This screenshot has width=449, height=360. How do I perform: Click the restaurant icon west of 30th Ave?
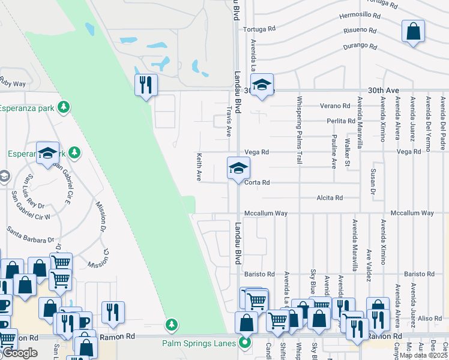click(145, 85)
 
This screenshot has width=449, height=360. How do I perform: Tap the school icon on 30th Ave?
click(262, 85)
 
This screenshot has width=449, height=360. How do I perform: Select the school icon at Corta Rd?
click(238, 168)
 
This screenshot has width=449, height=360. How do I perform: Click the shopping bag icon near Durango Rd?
click(414, 31)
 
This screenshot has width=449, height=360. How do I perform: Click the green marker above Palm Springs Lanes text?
click(172, 325)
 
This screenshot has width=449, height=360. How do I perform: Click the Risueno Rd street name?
click(360, 31)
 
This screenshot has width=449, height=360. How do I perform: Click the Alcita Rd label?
click(330, 198)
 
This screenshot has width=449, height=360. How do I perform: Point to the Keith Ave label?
click(199, 167)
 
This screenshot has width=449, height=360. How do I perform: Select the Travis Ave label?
click(229, 122)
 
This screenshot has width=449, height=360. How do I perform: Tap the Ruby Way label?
click(13, 82)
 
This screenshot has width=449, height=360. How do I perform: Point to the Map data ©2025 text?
click(424, 355)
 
